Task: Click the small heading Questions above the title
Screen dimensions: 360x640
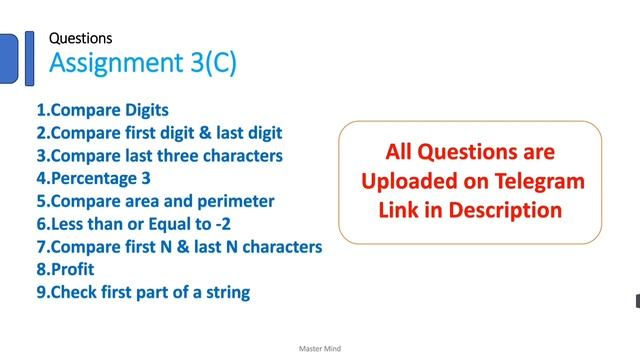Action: (81, 38)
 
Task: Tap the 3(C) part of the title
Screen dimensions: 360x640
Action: (207, 63)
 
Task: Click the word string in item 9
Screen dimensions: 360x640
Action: (227, 293)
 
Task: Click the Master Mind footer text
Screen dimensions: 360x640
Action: (319, 349)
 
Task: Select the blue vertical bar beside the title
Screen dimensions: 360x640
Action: (30, 53)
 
